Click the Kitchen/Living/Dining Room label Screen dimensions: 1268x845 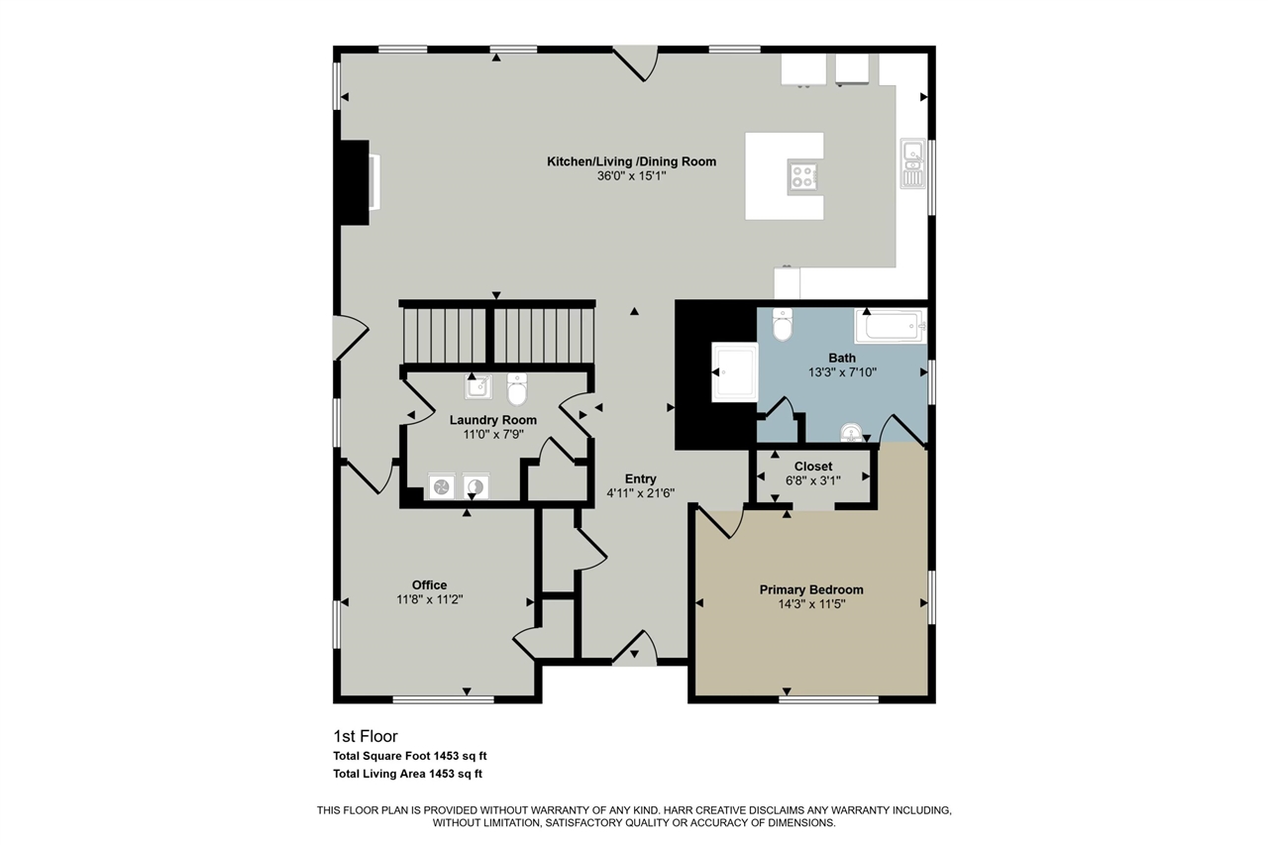click(631, 161)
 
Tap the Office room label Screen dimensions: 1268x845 click(429, 585)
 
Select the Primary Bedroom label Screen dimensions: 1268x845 click(811, 589)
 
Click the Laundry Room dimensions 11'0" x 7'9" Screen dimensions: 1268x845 click(493, 435)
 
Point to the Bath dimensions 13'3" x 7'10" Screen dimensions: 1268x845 click(842, 372)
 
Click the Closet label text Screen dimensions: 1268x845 click(813, 467)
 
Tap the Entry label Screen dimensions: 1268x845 click(640, 478)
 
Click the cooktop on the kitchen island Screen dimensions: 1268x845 click(802, 175)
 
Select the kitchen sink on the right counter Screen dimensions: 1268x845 click(913, 163)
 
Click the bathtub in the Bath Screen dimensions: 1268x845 click(891, 326)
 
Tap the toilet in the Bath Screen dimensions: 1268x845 click(783, 324)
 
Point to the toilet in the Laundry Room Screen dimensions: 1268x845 click(517, 389)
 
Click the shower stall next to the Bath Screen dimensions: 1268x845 click(734, 371)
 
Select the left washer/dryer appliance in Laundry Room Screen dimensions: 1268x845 click(442, 486)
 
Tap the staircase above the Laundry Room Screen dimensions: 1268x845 click(497, 334)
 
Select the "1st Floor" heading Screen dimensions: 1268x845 click(366, 736)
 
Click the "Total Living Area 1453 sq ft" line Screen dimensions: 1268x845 click(407, 774)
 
